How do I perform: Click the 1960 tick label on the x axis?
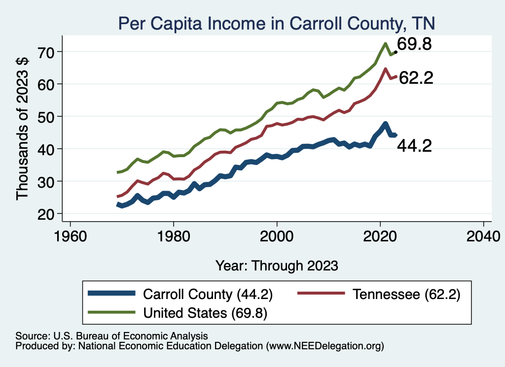tap(71, 234)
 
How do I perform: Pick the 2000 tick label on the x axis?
tap(277, 234)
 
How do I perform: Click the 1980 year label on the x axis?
tap(174, 234)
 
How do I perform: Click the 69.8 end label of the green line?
tap(415, 45)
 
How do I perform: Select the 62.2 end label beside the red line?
tap(416, 78)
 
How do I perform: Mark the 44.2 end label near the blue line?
tap(415, 146)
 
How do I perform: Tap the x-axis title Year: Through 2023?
tap(277, 266)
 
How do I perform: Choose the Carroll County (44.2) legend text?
tap(208, 294)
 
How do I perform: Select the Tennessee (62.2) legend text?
tap(406, 294)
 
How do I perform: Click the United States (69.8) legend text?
tap(205, 312)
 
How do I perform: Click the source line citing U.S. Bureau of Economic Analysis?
tap(112, 335)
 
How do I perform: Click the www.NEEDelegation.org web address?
tap(324, 346)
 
